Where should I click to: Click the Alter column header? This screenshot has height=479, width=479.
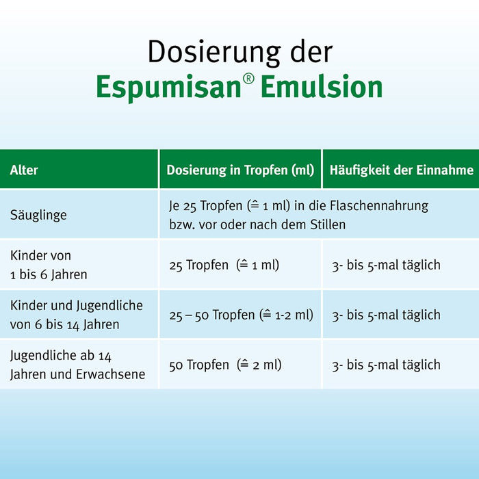pyautogui.click(x=24, y=170)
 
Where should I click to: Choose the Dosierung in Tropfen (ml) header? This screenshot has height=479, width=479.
pyautogui.click(x=240, y=170)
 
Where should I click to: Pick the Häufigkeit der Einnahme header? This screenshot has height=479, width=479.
pyautogui.click(x=402, y=170)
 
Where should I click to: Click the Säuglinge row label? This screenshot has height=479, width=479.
pyautogui.click(x=38, y=215)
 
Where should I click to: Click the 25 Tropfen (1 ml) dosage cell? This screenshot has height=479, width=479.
pyautogui.click(x=224, y=265)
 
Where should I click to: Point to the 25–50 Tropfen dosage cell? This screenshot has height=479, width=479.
pyautogui.click(x=241, y=315)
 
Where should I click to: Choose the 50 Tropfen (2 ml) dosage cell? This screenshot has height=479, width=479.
pyautogui.click(x=225, y=365)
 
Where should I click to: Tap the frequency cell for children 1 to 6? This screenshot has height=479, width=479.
pyautogui.click(x=386, y=265)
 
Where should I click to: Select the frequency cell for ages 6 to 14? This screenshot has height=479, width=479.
pyautogui.click(x=386, y=315)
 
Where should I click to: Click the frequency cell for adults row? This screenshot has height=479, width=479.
pyautogui.click(x=386, y=365)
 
